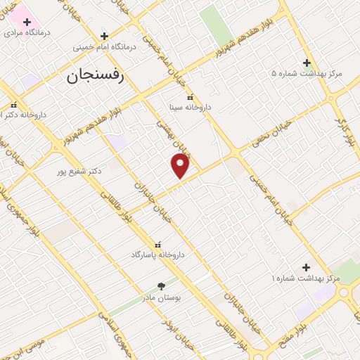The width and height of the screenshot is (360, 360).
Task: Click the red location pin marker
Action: pos(180,166)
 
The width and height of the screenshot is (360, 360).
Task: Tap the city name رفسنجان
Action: pos(96,76)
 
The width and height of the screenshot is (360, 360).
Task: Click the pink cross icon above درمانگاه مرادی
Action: pos(27,21)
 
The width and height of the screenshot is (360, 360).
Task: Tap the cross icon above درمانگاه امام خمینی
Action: pos(104,36)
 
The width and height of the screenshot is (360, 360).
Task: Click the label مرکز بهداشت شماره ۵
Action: pos(307,73)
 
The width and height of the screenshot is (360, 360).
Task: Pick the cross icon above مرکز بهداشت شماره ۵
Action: pos(306,62)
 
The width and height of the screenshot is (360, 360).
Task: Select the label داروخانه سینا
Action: pos(189,108)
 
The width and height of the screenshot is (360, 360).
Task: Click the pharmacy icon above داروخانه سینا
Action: pos(189,97)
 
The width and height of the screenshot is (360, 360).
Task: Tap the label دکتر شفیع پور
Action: pos(81,171)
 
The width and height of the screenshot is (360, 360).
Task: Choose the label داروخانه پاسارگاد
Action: pos(157,255)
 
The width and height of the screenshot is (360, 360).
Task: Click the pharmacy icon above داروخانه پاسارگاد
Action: pos(157,243)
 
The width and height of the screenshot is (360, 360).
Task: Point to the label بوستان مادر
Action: pos(162,297)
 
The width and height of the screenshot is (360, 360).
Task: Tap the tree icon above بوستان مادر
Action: pos(162,286)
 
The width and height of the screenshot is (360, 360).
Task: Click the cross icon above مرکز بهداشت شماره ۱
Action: pos(306,267)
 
